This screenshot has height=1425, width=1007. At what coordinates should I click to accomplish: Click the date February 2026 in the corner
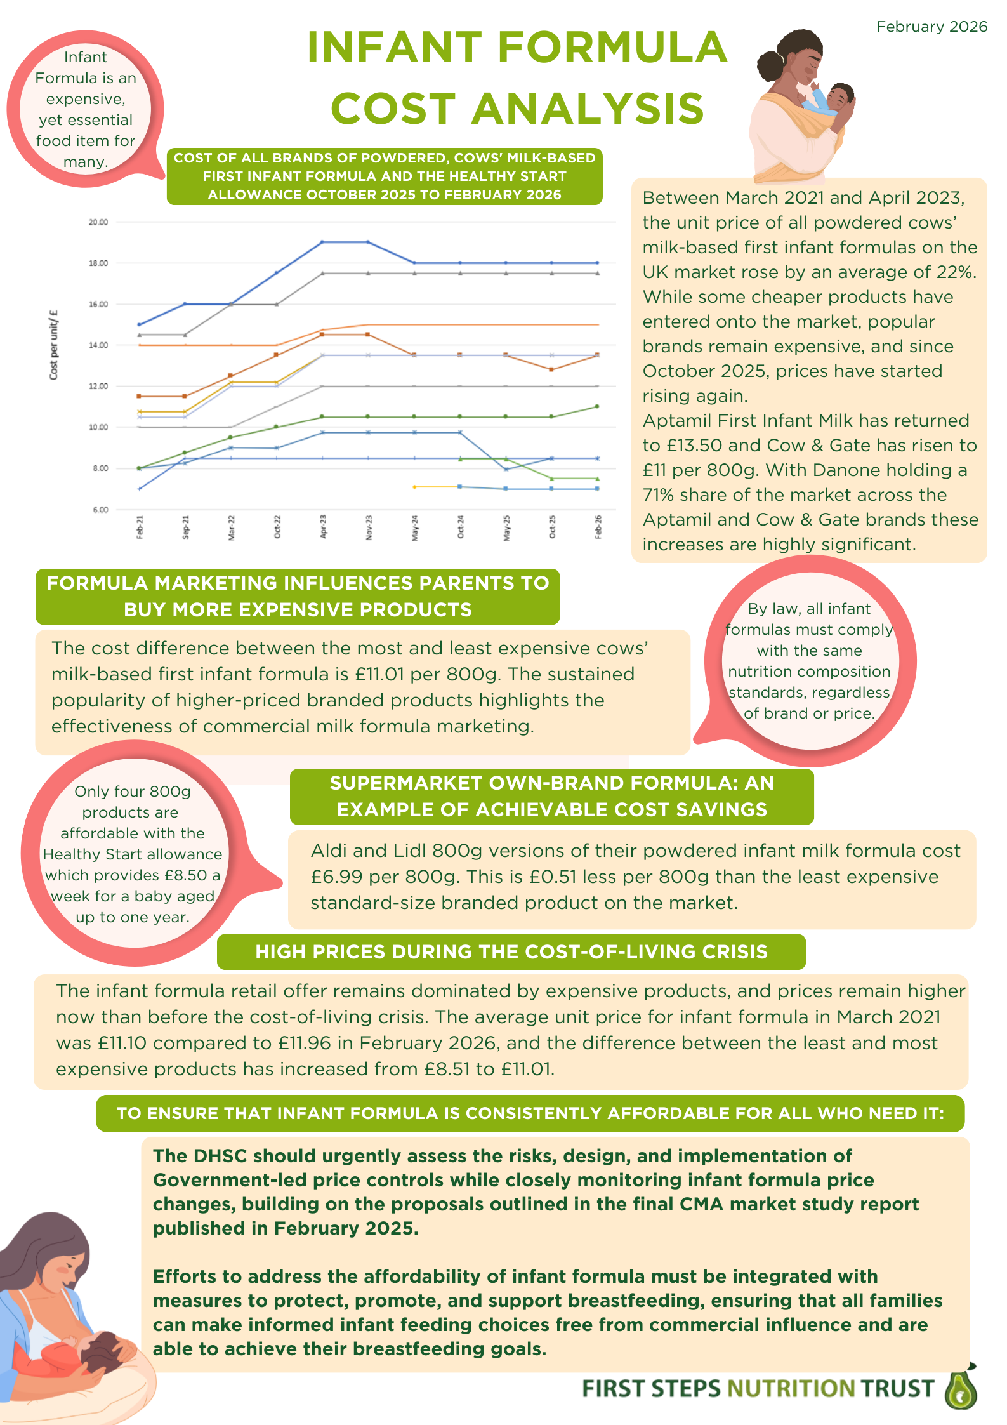[931, 27]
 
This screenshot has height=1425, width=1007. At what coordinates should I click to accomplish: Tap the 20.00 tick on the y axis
[98, 222]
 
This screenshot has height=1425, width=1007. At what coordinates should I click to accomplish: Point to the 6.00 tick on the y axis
[100, 510]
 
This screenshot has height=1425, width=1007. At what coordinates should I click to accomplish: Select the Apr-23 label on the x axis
[323, 527]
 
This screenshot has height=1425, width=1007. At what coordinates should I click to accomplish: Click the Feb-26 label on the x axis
[598, 527]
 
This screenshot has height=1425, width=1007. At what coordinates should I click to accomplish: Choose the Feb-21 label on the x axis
[140, 527]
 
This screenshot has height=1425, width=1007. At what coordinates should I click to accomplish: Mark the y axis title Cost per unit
[54, 345]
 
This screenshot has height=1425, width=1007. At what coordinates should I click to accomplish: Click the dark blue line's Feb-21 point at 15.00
[140, 324]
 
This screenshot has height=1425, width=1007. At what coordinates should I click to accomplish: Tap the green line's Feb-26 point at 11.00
[597, 406]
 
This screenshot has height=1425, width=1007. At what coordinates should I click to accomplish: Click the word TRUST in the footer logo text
[897, 1389]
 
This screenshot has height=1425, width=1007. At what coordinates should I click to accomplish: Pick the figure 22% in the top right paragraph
[956, 272]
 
